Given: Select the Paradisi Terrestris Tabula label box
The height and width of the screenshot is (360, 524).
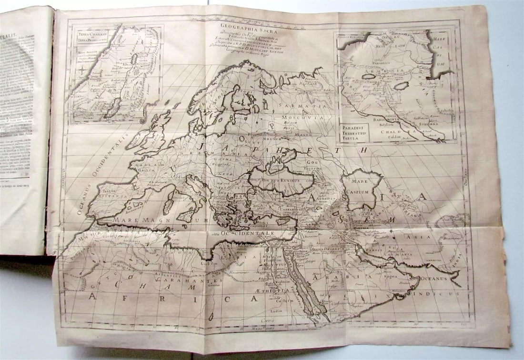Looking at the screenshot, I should (x=354, y=132).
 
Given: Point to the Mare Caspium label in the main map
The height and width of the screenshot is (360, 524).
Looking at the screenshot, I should (x=363, y=185).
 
